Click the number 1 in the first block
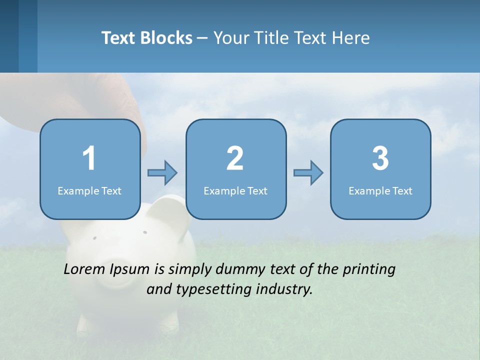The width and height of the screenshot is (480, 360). click(89, 158)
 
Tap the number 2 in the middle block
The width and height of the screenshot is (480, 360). click(235, 158)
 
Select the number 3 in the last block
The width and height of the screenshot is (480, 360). click(380, 158)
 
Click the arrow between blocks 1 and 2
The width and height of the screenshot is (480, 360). click(162, 173)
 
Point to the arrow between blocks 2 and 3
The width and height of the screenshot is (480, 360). click(308, 173)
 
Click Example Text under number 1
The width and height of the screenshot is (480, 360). click(89, 191)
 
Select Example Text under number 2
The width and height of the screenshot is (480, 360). click(235, 191)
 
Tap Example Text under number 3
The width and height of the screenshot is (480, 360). click(380, 191)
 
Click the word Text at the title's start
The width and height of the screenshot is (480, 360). click(118, 38)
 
